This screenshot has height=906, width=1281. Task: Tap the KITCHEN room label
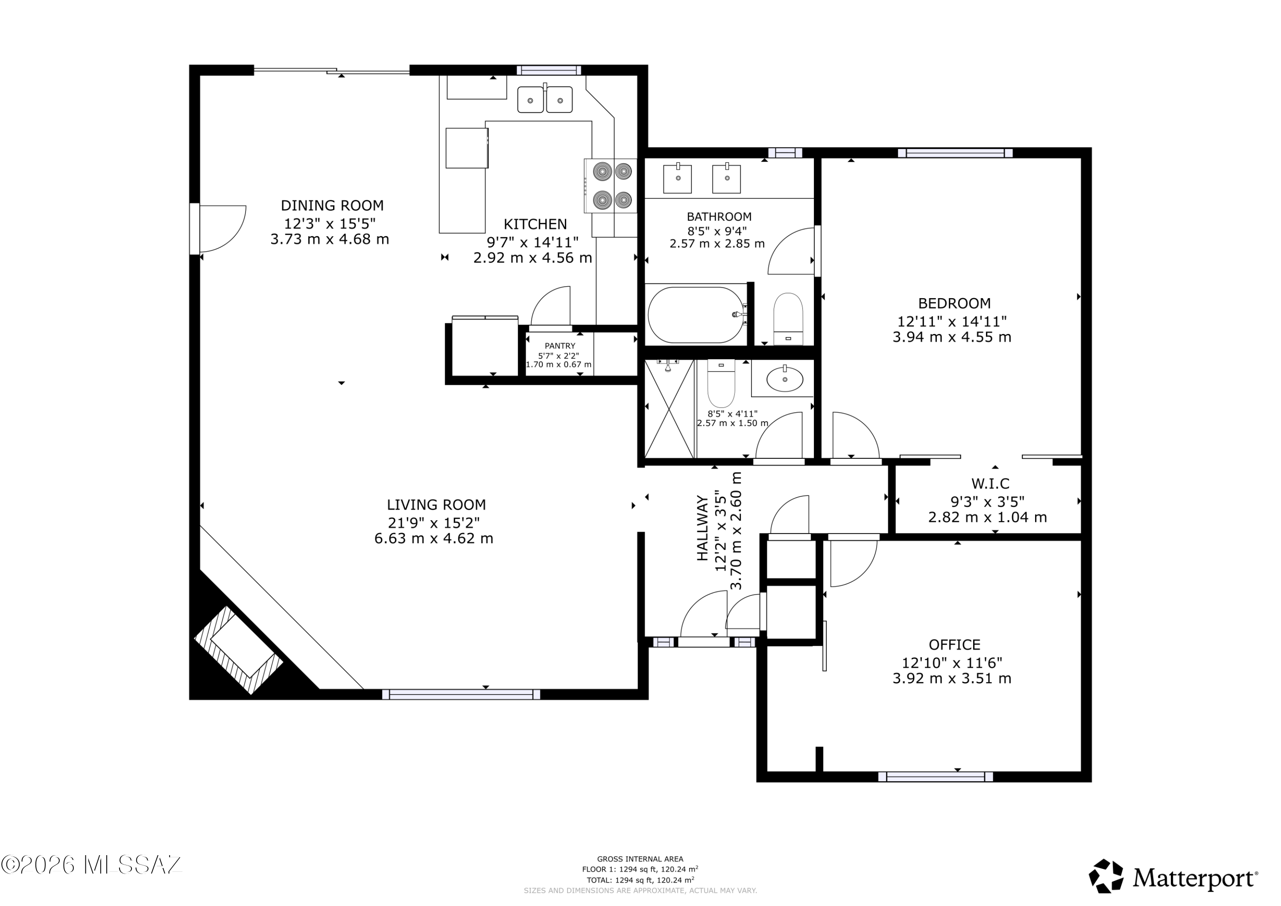[x=535, y=224]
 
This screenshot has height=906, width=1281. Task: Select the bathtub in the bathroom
[x=696, y=315]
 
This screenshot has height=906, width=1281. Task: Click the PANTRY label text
[x=560, y=346]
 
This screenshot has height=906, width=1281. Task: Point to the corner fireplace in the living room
[x=238, y=650]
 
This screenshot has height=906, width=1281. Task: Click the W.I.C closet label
[x=990, y=484]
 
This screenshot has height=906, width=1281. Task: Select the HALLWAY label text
[x=702, y=528]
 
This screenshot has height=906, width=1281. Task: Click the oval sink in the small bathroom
[x=785, y=380]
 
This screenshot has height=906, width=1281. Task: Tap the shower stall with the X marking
[x=670, y=409]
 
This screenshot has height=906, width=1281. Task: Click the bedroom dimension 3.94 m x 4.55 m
[x=952, y=337]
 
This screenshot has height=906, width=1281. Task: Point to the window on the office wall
[x=936, y=777]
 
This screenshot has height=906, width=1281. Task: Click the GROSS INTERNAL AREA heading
[x=640, y=859]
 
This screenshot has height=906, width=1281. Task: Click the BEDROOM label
[x=955, y=304]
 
